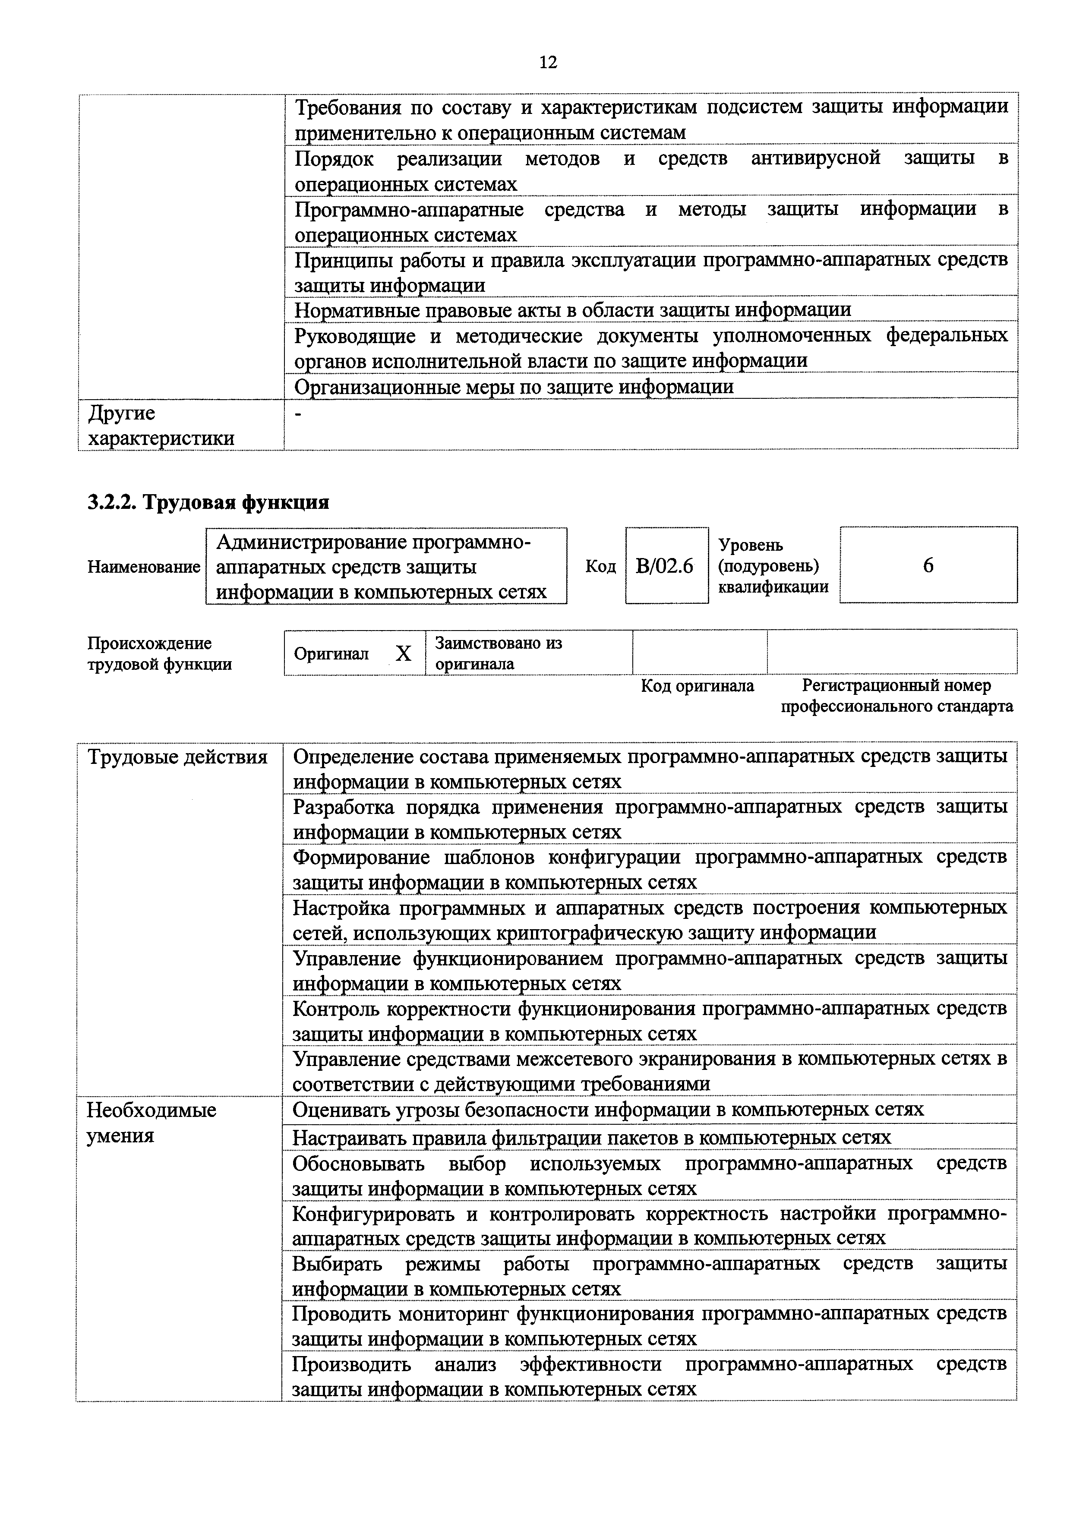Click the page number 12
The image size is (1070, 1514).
548,62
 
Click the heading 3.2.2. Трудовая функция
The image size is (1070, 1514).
208,502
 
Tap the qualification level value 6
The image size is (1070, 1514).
928,565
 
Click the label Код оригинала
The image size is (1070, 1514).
698,686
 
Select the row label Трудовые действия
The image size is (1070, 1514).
177,757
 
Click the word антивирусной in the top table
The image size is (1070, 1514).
815,158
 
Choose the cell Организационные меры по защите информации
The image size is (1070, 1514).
514,386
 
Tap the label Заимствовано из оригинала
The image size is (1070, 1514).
499,653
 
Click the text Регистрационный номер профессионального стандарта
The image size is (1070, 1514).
896,696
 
